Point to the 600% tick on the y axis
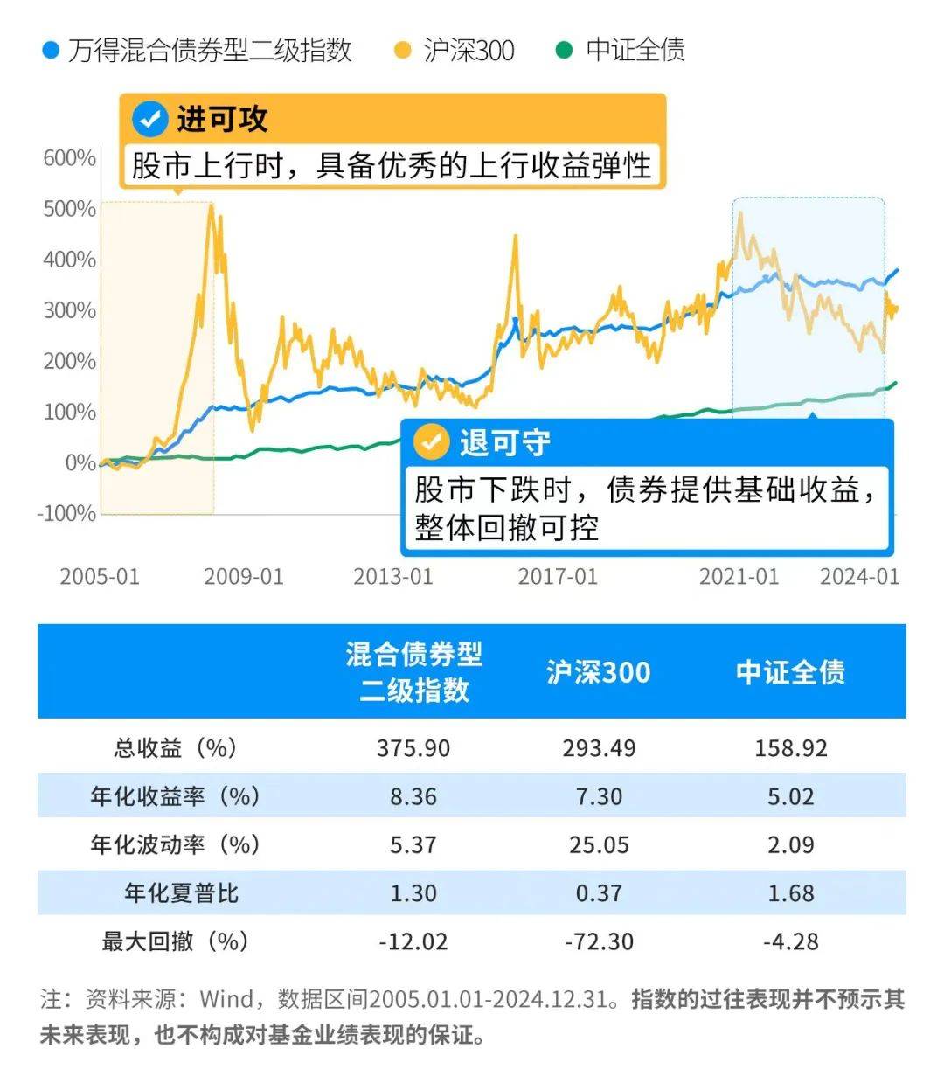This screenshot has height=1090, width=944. [70, 158]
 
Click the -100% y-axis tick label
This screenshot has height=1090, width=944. [66, 513]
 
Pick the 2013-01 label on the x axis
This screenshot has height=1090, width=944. [393, 577]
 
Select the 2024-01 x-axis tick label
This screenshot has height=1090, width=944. [859, 577]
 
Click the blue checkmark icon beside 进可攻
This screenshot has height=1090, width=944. [150, 120]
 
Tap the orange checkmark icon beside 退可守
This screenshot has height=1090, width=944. [431, 442]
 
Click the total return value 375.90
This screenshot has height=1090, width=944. [413, 748]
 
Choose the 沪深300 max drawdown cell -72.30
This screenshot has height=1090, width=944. [599, 941]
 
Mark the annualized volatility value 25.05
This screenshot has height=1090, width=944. [599, 845]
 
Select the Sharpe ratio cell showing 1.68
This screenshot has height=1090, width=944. [790, 893]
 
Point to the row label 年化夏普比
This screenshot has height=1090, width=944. [181, 893]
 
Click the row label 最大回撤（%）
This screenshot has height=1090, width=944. [175, 941]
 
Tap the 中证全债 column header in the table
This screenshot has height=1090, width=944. [790, 672]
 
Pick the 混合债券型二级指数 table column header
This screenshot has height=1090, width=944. [413, 672]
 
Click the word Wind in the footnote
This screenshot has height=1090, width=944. [226, 999]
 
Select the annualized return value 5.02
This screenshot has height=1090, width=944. [790, 797]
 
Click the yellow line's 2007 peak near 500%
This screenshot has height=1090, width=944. [211, 208]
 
